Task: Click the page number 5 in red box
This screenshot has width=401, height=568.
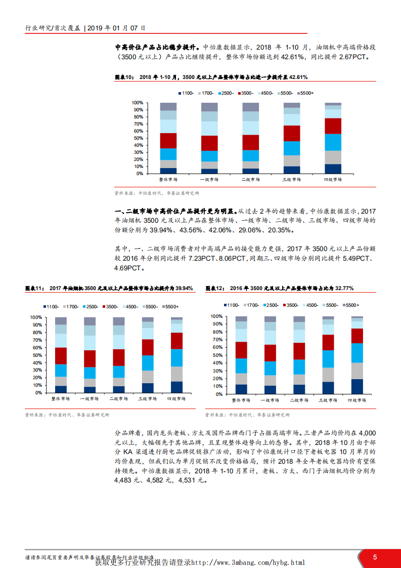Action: coord(375,557)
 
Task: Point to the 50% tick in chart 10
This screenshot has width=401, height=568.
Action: coord(138,138)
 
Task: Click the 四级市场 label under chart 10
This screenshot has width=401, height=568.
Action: coord(333,180)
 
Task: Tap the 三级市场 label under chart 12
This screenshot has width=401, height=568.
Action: coord(328,400)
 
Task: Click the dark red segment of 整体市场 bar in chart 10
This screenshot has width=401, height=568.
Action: coord(168,141)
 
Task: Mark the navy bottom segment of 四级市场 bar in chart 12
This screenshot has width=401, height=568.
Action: coord(357,386)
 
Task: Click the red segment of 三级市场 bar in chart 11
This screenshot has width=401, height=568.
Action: coord(148,347)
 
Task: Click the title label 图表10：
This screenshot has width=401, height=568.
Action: coord(124,77)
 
